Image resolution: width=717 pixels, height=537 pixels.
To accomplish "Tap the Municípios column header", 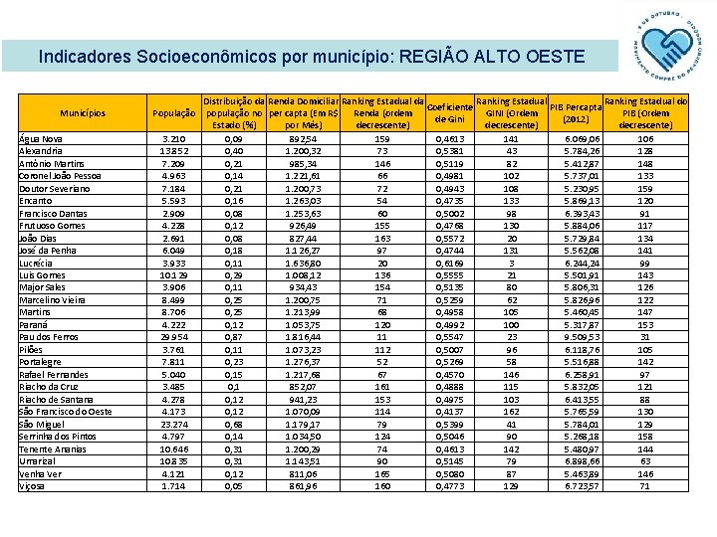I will click(x=83, y=113).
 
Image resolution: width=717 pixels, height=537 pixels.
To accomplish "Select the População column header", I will click(x=173, y=113).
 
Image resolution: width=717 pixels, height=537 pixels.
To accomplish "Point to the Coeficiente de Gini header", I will click(x=450, y=113).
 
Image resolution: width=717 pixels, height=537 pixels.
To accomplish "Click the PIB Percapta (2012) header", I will click(x=575, y=113).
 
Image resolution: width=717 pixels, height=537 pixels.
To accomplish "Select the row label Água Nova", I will click(x=41, y=139).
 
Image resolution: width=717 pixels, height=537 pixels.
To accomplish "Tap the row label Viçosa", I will click(x=33, y=486).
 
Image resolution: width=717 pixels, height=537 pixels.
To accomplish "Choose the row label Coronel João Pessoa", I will click(x=60, y=176).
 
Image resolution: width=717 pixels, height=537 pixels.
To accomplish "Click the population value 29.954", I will click(x=173, y=337).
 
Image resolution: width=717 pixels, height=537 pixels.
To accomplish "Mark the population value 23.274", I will click(x=173, y=424).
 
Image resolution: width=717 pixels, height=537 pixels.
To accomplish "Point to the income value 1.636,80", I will click(x=302, y=264).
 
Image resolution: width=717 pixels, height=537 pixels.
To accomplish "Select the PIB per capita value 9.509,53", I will click(x=582, y=337).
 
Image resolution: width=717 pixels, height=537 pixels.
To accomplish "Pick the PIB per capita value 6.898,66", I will click(x=582, y=461).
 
